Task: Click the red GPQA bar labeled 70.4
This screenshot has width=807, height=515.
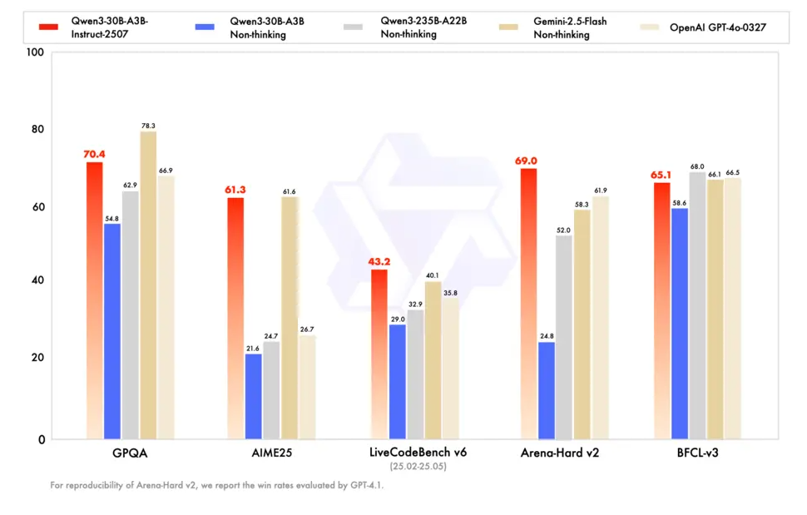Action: pos(94,300)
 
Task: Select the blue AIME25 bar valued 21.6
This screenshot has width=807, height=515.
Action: pos(253,396)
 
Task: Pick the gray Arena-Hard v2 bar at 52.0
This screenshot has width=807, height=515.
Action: pos(564,337)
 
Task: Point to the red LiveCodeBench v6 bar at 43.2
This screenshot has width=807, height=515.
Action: pos(379,354)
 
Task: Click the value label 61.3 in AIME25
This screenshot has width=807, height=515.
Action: pos(235,190)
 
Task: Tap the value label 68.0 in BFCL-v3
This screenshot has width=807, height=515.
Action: pos(697,166)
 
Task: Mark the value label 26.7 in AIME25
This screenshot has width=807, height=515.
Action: pos(307,329)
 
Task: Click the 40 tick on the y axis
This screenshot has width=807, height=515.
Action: pos(37,281)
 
